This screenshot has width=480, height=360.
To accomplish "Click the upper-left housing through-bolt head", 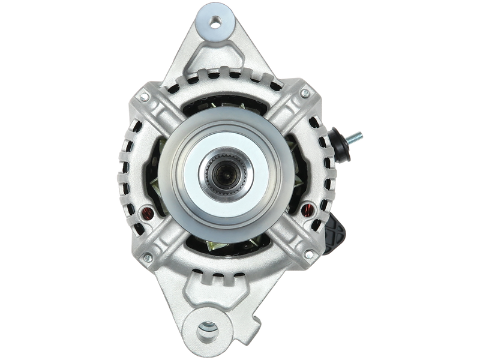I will coord(143,96).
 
